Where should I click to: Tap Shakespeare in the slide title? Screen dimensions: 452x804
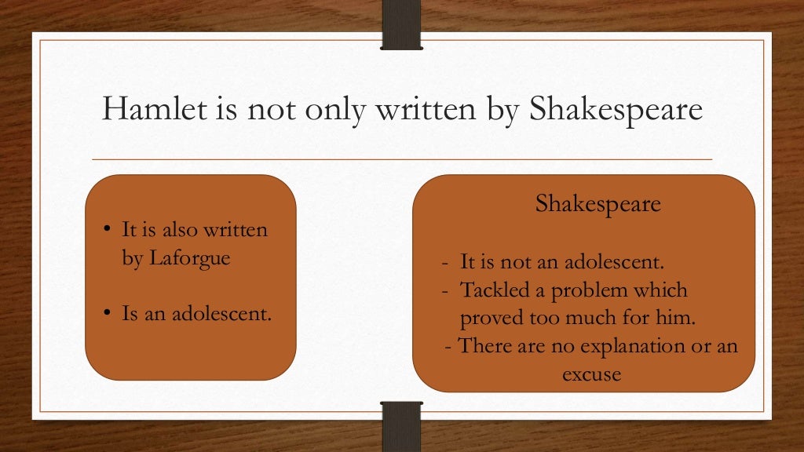[616, 109]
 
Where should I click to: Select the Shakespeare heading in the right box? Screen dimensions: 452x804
[598, 204]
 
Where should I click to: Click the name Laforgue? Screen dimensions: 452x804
[188, 258]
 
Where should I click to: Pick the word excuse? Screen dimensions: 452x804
[591, 374]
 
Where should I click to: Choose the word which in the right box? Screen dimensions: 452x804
[661, 290]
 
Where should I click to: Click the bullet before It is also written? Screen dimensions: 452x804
[108, 231]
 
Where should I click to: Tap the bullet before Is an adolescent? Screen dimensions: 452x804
[108, 315]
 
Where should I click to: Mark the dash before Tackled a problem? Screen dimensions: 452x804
[445, 290]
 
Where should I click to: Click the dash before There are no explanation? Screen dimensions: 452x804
[448, 345]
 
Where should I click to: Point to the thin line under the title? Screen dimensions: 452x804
[402, 159]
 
